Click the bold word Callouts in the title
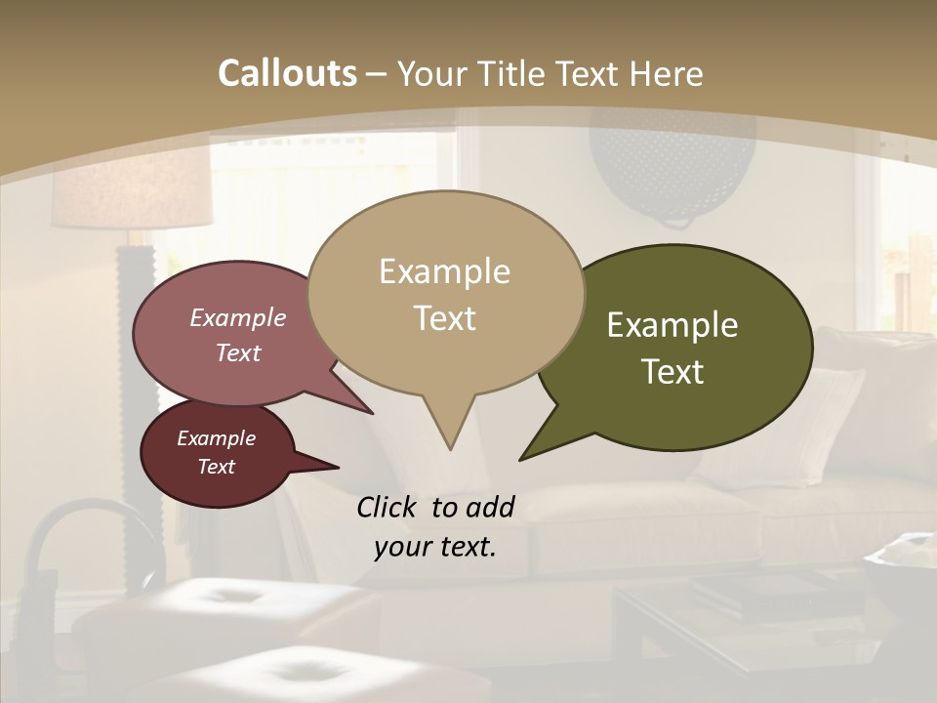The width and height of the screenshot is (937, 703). pyautogui.click(x=287, y=73)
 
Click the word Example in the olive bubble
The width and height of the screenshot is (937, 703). pyautogui.click(x=672, y=325)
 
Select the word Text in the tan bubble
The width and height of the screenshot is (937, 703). pyautogui.click(x=445, y=318)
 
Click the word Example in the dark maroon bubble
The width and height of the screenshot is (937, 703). pyautogui.click(x=216, y=438)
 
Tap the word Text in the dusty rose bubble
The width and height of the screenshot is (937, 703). pyautogui.click(x=238, y=353)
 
